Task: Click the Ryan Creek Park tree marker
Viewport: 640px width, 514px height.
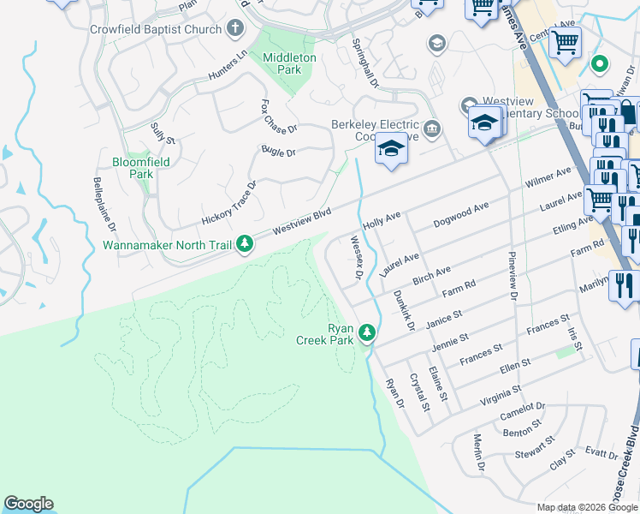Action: click(x=368, y=332)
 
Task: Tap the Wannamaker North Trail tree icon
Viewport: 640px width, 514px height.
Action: click(x=245, y=245)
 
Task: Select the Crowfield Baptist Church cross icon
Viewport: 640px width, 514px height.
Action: click(x=235, y=29)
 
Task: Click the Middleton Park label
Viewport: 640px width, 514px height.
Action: click(x=289, y=63)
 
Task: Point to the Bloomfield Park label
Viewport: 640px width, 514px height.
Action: click(x=141, y=167)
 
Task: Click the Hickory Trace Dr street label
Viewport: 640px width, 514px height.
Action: click(x=229, y=204)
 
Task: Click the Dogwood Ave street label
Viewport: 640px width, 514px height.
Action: click(x=461, y=211)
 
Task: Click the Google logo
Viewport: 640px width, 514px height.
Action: click(x=28, y=504)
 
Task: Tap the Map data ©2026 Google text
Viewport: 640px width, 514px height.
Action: click(x=588, y=507)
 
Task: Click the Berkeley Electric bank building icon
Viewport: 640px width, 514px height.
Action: click(x=433, y=129)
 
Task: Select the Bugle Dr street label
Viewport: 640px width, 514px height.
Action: click(x=278, y=152)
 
